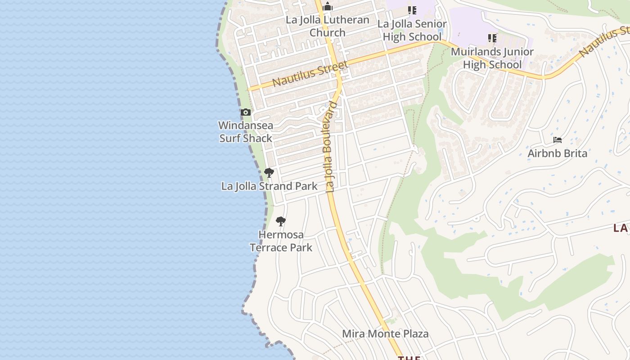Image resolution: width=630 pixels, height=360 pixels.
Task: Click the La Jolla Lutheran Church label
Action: [328, 26]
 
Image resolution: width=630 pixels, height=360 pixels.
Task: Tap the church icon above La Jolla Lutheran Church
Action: [328, 6]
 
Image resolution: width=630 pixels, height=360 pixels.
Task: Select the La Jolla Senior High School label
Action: [412, 30]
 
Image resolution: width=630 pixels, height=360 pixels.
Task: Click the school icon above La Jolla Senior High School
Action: [412, 10]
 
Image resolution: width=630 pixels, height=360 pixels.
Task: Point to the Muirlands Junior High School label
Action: [492, 58]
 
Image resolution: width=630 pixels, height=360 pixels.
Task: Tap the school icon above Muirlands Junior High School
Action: [492, 38]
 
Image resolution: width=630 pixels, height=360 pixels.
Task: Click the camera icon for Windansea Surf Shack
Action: [245, 112]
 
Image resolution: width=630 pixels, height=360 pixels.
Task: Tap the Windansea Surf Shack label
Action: [246, 131]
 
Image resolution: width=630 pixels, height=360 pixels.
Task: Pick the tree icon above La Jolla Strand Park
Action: [269, 172]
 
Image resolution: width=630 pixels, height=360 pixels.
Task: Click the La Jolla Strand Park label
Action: [269, 186]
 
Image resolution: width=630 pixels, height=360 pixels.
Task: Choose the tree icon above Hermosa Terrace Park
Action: [280, 221]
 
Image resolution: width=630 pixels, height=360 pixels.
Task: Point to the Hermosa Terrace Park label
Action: [281, 241]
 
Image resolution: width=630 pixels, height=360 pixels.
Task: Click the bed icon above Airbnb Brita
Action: [558, 140]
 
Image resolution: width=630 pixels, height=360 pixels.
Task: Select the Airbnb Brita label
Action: [557, 153]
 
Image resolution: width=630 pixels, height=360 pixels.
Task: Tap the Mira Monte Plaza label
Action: [385, 334]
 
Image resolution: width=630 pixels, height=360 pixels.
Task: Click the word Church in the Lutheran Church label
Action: [328, 32]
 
